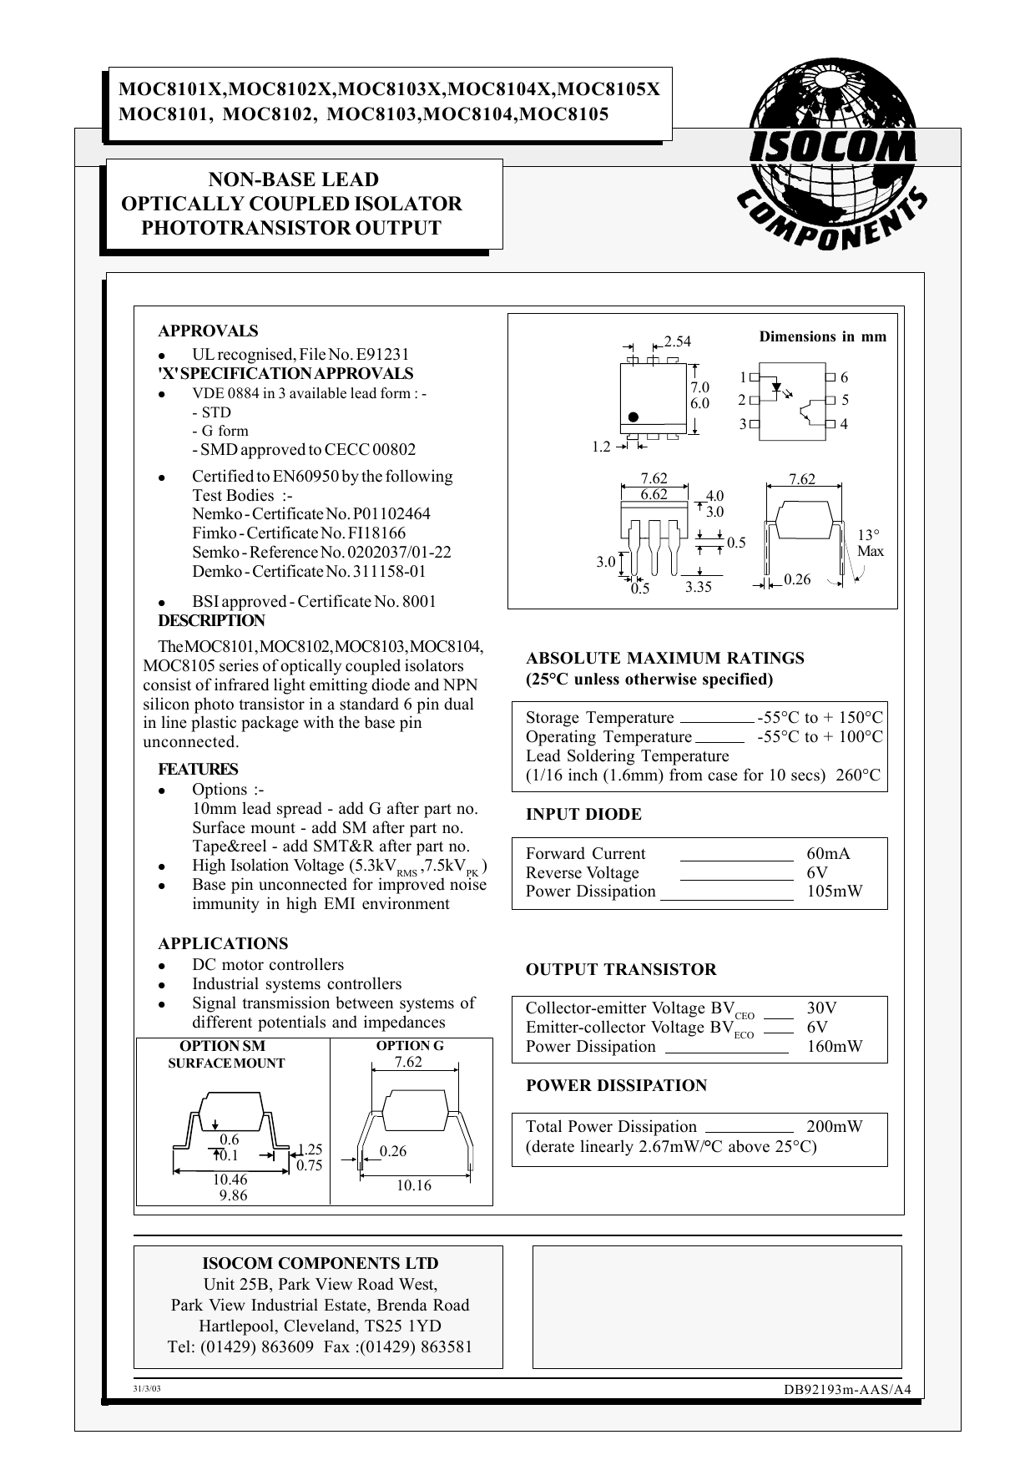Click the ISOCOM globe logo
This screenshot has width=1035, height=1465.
tap(831, 163)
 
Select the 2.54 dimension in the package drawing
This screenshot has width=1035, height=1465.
tap(678, 341)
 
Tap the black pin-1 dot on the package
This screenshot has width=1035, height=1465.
tap(634, 417)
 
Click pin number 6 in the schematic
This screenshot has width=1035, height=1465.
tap(844, 377)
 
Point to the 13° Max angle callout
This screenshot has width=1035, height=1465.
tap(869, 543)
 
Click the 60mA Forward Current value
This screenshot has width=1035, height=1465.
tap(828, 853)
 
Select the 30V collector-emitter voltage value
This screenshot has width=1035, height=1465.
tap(821, 1008)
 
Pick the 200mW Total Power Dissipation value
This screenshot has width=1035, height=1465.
tap(835, 1126)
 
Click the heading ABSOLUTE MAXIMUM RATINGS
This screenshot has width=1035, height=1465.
tap(664, 658)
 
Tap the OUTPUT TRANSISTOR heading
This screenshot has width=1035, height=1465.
tap(621, 969)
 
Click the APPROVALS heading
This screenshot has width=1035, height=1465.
tap(208, 331)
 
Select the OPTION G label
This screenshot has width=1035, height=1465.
tap(409, 1045)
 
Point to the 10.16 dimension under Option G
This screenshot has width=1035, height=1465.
tap(413, 1185)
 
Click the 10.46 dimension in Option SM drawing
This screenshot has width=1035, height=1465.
tap(230, 1179)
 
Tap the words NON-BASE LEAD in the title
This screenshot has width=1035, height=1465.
tap(293, 179)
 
